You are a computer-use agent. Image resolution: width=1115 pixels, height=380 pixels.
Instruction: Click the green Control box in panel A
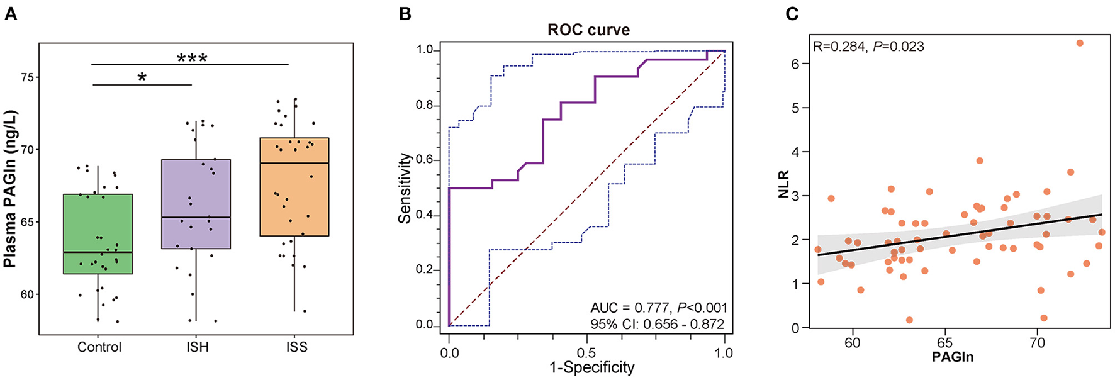pos(98,233)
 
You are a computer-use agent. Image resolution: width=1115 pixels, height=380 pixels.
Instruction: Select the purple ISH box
pos(196,204)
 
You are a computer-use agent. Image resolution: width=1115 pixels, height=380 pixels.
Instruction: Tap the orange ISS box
pos(294,187)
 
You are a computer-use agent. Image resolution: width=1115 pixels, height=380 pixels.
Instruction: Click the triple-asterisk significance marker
pos(192,59)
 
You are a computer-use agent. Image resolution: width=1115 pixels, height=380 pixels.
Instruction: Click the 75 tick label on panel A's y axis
pos(25,77)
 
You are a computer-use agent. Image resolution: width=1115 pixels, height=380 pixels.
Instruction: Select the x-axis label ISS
pos(296,347)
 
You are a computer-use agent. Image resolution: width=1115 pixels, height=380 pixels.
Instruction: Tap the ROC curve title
pos(588,30)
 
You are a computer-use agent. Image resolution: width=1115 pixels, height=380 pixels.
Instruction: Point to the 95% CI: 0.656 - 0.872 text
pos(657,325)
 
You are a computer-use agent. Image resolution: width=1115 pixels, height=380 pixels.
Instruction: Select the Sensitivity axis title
pos(405,188)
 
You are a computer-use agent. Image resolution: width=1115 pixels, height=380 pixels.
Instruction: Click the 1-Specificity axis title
pos(591,367)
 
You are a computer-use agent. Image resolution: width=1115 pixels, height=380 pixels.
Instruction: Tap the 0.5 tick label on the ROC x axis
pos(586,353)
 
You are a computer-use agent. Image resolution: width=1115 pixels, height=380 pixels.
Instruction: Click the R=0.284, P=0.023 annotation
pos(868,47)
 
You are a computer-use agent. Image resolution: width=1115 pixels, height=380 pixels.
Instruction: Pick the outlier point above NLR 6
pos(1079,43)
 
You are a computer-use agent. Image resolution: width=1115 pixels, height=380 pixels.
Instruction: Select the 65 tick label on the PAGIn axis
pos(944,343)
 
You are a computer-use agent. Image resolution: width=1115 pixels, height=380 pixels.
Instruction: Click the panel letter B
pos(406,14)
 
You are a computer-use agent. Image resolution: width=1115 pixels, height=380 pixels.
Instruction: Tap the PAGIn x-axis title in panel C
pos(952,357)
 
